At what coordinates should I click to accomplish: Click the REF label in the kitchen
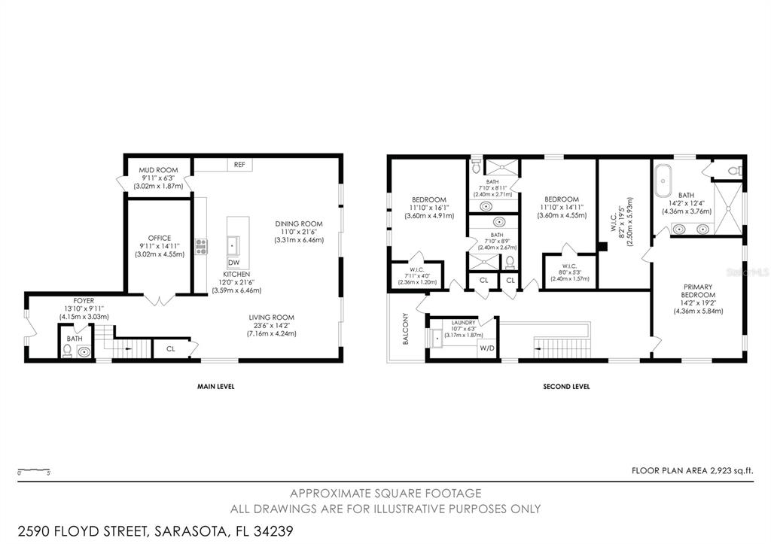click(239, 164)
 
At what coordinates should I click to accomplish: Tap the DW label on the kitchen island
click(234, 262)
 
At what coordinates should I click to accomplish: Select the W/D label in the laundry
click(487, 348)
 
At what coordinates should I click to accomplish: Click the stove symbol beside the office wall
click(201, 246)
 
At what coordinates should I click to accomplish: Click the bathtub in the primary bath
click(663, 183)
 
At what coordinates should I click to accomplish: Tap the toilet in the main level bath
click(67, 351)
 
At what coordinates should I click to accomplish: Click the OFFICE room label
click(159, 239)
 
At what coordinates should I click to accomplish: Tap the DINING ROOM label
click(299, 223)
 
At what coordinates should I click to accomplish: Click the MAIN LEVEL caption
click(216, 387)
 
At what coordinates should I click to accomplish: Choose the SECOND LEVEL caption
click(566, 387)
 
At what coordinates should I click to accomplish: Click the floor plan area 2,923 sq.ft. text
click(692, 471)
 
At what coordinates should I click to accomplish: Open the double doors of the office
click(159, 301)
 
